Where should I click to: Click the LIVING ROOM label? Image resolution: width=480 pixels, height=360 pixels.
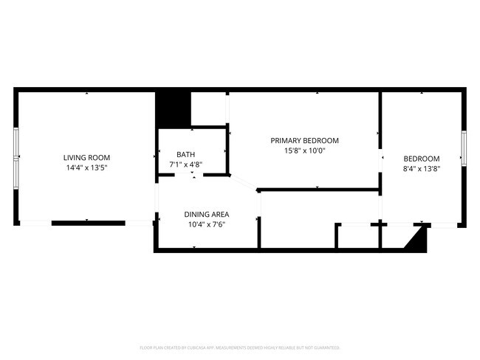coord(86,157)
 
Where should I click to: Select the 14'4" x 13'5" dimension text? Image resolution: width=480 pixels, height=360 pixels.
coord(86,167)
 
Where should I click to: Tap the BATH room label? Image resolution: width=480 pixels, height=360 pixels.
coord(185,154)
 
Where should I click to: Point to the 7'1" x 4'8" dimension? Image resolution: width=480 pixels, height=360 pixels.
coord(185,165)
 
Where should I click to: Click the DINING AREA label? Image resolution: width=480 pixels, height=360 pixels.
coord(206,214)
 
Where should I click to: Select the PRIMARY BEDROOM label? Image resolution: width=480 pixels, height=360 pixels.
coord(304,140)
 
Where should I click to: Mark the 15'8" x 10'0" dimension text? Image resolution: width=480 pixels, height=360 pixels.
coord(304,150)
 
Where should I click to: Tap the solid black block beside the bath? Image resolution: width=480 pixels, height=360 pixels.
coord(173,108)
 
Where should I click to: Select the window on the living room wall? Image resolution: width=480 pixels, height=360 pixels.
coord(16,156)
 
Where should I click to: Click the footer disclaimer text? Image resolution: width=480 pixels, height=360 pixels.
coord(239,347)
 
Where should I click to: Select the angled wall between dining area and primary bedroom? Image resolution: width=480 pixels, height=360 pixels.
coord(244,184)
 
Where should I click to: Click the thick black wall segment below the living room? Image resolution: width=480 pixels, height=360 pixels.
coord(88,223)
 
